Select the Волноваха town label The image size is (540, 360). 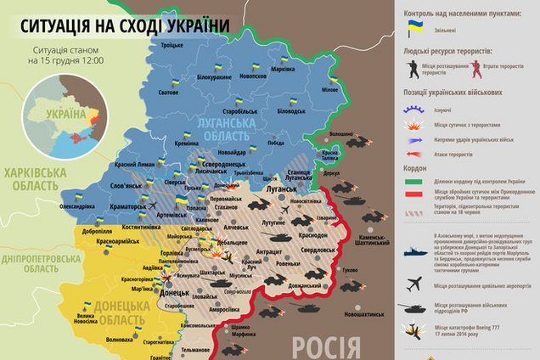118,340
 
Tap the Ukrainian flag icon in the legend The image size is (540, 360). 415,28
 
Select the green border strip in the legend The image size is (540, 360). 416,180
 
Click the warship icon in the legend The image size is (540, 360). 416,251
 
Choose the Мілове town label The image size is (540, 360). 329,89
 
